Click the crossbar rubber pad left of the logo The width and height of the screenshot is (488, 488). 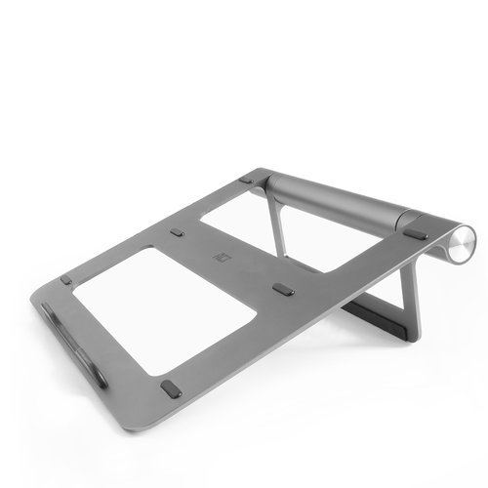[177, 233]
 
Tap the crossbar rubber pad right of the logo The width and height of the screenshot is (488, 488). [284, 289]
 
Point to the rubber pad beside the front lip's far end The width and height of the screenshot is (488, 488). [65, 280]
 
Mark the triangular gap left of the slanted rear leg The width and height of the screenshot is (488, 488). [244, 220]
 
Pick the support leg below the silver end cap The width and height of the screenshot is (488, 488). [409, 293]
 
